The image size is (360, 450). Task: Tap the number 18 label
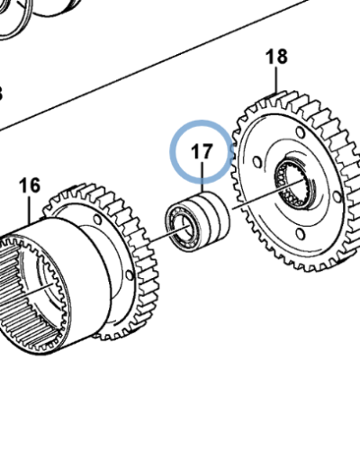click(276, 58)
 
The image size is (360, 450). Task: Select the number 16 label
click(30, 185)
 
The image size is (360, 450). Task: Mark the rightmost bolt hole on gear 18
click(332, 181)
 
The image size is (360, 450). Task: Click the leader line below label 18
click(278, 80)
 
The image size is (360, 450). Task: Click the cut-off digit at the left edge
click(2, 93)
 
